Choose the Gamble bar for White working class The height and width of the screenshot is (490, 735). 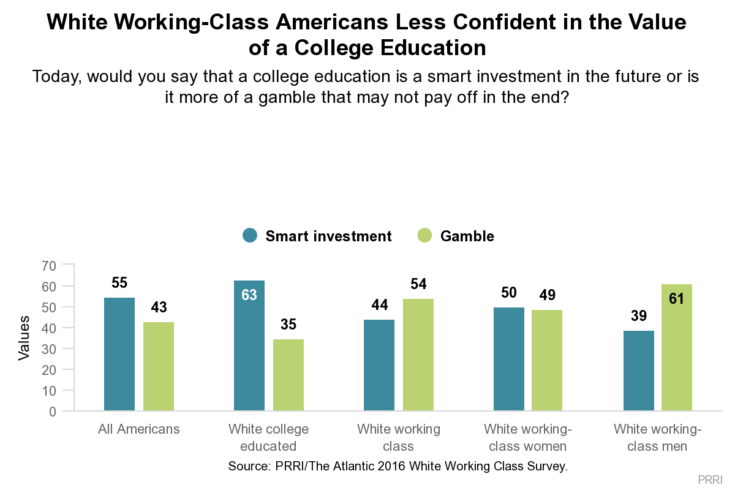click(418, 355)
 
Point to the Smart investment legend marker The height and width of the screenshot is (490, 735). click(250, 236)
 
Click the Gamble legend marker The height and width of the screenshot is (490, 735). click(424, 236)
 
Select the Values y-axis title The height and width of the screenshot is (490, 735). click(24, 338)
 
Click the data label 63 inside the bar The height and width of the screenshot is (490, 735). click(249, 295)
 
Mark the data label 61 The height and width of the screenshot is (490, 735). click(677, 300)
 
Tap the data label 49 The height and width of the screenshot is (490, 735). click(547, 295)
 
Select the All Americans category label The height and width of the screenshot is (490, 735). click(139, 429)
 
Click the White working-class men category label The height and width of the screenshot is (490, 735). click(657, 437)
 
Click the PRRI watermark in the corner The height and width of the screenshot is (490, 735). click(710, 478)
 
